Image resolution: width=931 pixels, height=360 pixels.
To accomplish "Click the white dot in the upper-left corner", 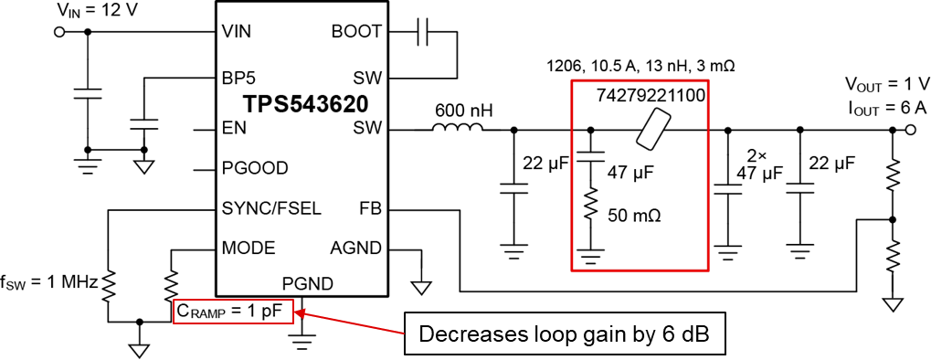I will pos(59,32).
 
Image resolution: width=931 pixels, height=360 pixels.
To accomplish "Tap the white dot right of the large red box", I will pos(910,130).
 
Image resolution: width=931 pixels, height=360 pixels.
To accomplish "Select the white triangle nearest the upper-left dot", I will pos(144,166).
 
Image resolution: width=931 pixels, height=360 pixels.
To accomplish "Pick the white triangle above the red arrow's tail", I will pos(421,287).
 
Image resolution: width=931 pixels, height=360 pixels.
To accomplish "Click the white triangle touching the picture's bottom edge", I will pos(139,350).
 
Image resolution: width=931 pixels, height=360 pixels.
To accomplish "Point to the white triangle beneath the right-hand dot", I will pos(893,304).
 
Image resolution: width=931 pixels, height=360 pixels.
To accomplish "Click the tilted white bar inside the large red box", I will pos(653,129).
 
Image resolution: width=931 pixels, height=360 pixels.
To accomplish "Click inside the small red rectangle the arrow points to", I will pos(233,312).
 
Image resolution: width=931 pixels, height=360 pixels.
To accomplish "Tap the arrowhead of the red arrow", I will pos(295,312).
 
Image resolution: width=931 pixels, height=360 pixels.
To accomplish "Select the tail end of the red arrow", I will pos(404,334).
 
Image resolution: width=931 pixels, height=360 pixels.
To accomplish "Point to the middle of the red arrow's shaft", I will pos(350,323).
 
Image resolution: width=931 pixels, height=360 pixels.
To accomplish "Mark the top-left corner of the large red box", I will pos(572,80).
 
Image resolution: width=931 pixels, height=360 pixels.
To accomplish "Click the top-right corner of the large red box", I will pos(708,80).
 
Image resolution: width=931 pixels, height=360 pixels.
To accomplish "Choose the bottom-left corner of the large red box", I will pos(572,270).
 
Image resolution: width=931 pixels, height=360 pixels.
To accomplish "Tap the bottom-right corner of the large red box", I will pos(708,270).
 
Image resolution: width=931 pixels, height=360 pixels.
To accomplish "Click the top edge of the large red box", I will pos(640,80).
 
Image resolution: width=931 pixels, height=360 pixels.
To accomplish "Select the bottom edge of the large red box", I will pos(640,270).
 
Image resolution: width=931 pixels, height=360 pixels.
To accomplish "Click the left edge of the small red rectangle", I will pos(174,312).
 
